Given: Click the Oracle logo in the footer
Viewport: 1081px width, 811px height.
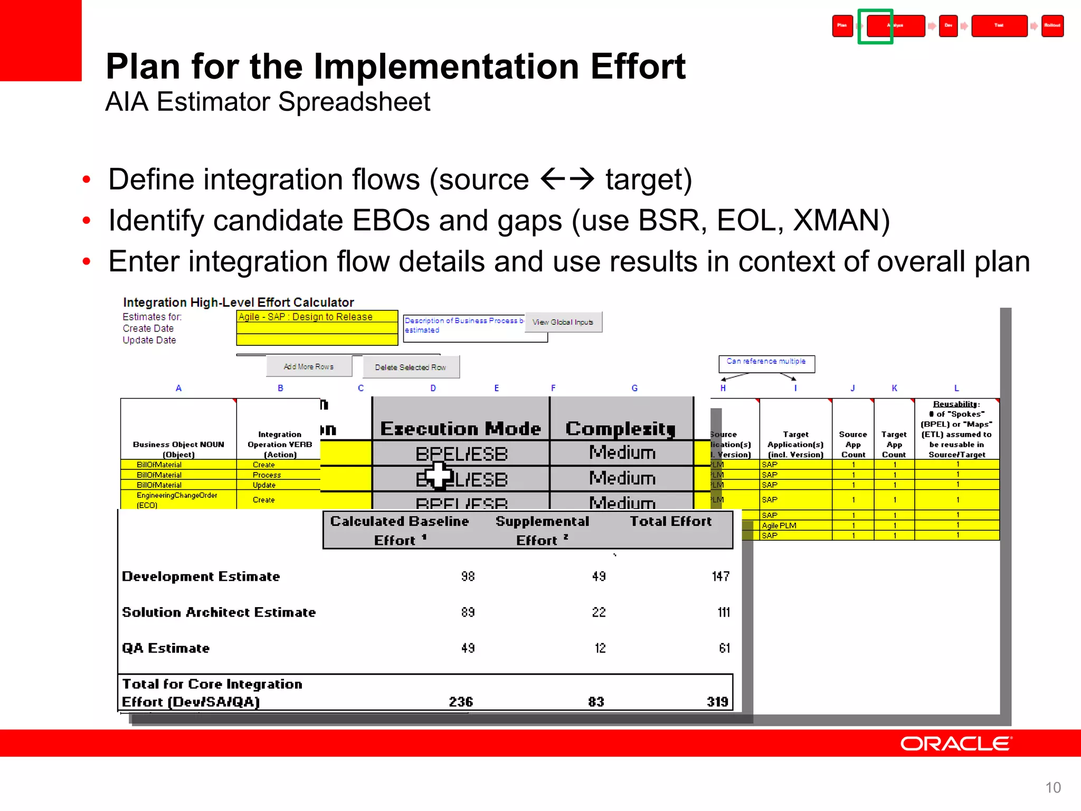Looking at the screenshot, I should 955,743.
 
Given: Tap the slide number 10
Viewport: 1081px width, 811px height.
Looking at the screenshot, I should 1052,787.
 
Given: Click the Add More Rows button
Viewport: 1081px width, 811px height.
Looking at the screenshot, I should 309,366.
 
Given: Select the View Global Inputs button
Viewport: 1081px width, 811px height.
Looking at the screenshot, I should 563,322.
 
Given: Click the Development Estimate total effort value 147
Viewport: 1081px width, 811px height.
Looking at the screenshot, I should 720,576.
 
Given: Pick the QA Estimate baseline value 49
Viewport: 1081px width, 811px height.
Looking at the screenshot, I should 468,648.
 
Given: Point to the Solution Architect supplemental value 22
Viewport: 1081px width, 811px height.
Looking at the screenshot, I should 599,612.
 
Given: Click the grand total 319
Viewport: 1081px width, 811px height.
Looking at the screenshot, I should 717,702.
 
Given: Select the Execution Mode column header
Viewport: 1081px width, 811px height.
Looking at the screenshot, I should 460,428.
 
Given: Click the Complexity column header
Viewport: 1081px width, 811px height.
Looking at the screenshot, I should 621,428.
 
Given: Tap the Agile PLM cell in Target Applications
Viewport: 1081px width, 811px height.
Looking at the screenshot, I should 779,525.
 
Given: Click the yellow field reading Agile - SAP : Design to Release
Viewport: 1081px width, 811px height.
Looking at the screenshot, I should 317,317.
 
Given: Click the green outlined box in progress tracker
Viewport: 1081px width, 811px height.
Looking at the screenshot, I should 875,26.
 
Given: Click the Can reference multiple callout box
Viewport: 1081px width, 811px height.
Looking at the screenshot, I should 766,362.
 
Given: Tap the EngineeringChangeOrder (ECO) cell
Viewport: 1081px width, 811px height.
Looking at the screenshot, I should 177,499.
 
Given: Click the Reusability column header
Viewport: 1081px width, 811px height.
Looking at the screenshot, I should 956,429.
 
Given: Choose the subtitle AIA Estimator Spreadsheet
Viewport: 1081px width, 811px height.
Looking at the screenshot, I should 268,101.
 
